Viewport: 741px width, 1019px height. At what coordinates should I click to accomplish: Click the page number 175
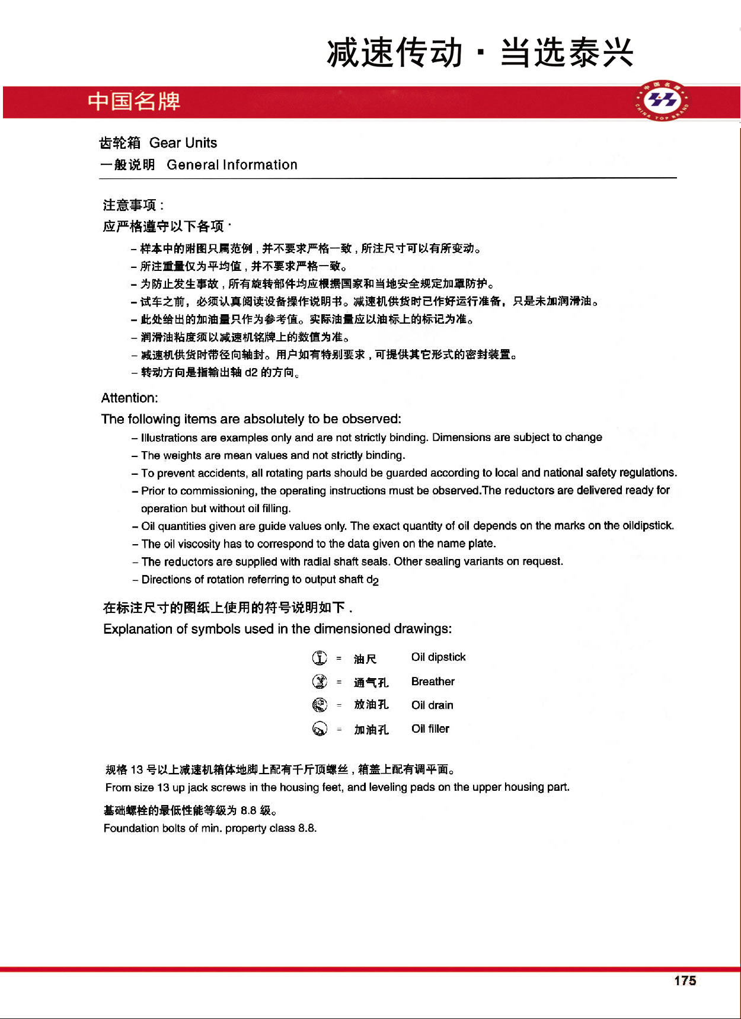click(x=685, y=980)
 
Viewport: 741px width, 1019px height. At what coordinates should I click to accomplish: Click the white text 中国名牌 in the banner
click(x=134, y=101)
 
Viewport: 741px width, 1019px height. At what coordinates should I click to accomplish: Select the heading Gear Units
click(x=183, y=143)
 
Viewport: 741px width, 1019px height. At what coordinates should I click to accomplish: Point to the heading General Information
click(x=232, y=165)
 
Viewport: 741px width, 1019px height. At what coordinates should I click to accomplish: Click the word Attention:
click(x=130, y=398)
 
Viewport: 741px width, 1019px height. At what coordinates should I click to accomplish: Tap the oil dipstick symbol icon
click(x=320, y=658)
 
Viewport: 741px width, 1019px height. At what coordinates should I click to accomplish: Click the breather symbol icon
click(x=320, y=682)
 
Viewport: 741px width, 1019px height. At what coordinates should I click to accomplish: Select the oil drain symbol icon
click(x=320, y=705)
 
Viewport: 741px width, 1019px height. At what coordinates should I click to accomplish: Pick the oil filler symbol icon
click(x=320, y=729)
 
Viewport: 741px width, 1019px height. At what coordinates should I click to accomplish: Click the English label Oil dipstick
click(x=438, y=657)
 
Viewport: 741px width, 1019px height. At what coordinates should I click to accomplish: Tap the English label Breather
click(x=433, y=682)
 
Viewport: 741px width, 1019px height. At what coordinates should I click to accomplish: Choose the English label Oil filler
click(x=430, y=729)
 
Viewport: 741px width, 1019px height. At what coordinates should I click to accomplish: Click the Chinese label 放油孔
click(x=371, y=705)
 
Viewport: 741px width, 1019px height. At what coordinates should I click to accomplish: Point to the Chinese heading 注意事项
click(x=130, y=205)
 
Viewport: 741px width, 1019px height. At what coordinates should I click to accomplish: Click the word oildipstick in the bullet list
click(x=648, y=526)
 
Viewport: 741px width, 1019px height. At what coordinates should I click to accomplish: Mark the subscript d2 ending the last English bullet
click(x=373, y=580)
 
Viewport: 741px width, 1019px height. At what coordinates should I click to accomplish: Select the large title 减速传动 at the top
click(x=394, y=52)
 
